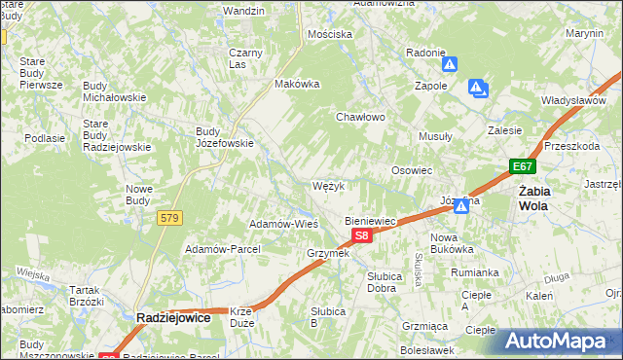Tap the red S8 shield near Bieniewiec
pos(361,235)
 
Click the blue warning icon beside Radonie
pos(450,65)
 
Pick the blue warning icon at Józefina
pos(461,206)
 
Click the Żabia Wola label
pos(533,198)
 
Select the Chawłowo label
pos(361,117)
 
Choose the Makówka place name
pos(298,84)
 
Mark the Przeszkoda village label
pos(571,145)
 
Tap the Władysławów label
pos(574,100)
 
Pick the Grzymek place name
pos(327,253)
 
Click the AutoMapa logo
pos(563,341)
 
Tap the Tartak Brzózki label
pos(87,296)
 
